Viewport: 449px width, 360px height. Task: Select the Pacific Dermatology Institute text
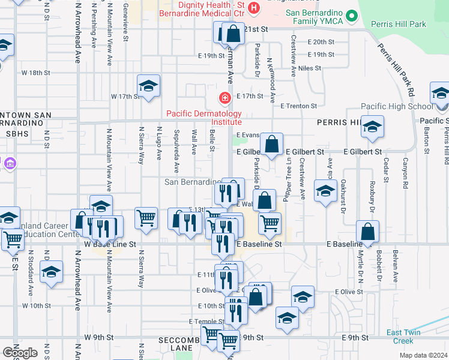click(x=203, y=118)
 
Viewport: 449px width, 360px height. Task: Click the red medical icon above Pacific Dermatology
click(x=225, y=97)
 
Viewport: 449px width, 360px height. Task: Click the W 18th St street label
click(x=36, y=73)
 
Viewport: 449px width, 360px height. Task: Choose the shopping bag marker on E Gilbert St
click(x=272, y=144)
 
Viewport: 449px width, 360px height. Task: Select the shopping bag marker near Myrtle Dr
click(x=367, y=232)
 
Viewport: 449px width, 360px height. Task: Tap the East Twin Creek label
click(x=403, y=337)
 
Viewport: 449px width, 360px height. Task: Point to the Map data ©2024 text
click(x=423, y=355)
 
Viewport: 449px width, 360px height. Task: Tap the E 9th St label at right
click(x=355, y=338)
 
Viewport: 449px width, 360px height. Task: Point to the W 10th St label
click(x=36, y=305)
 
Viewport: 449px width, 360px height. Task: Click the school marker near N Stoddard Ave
click(x=52, y=271)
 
